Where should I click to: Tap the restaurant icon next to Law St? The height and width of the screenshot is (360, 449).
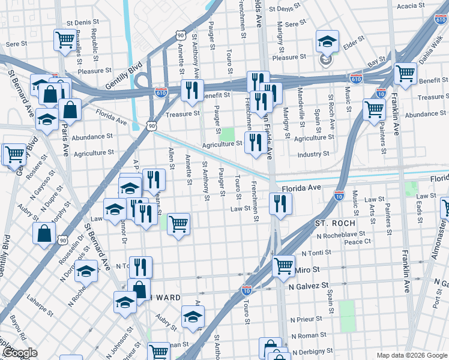click(280, 204)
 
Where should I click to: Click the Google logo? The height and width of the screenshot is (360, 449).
click(19, 353)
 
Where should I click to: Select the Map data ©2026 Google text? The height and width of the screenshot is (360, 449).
click(412, 355)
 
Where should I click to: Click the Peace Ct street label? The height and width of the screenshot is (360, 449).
click(375, 242)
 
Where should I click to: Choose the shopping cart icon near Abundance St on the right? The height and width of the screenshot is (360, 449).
click(374, 110)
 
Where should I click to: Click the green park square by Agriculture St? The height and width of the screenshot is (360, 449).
click(227, 134)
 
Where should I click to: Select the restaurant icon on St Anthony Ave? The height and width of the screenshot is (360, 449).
click(192, 90)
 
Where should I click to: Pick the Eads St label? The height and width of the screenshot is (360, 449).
click(418, 210)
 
